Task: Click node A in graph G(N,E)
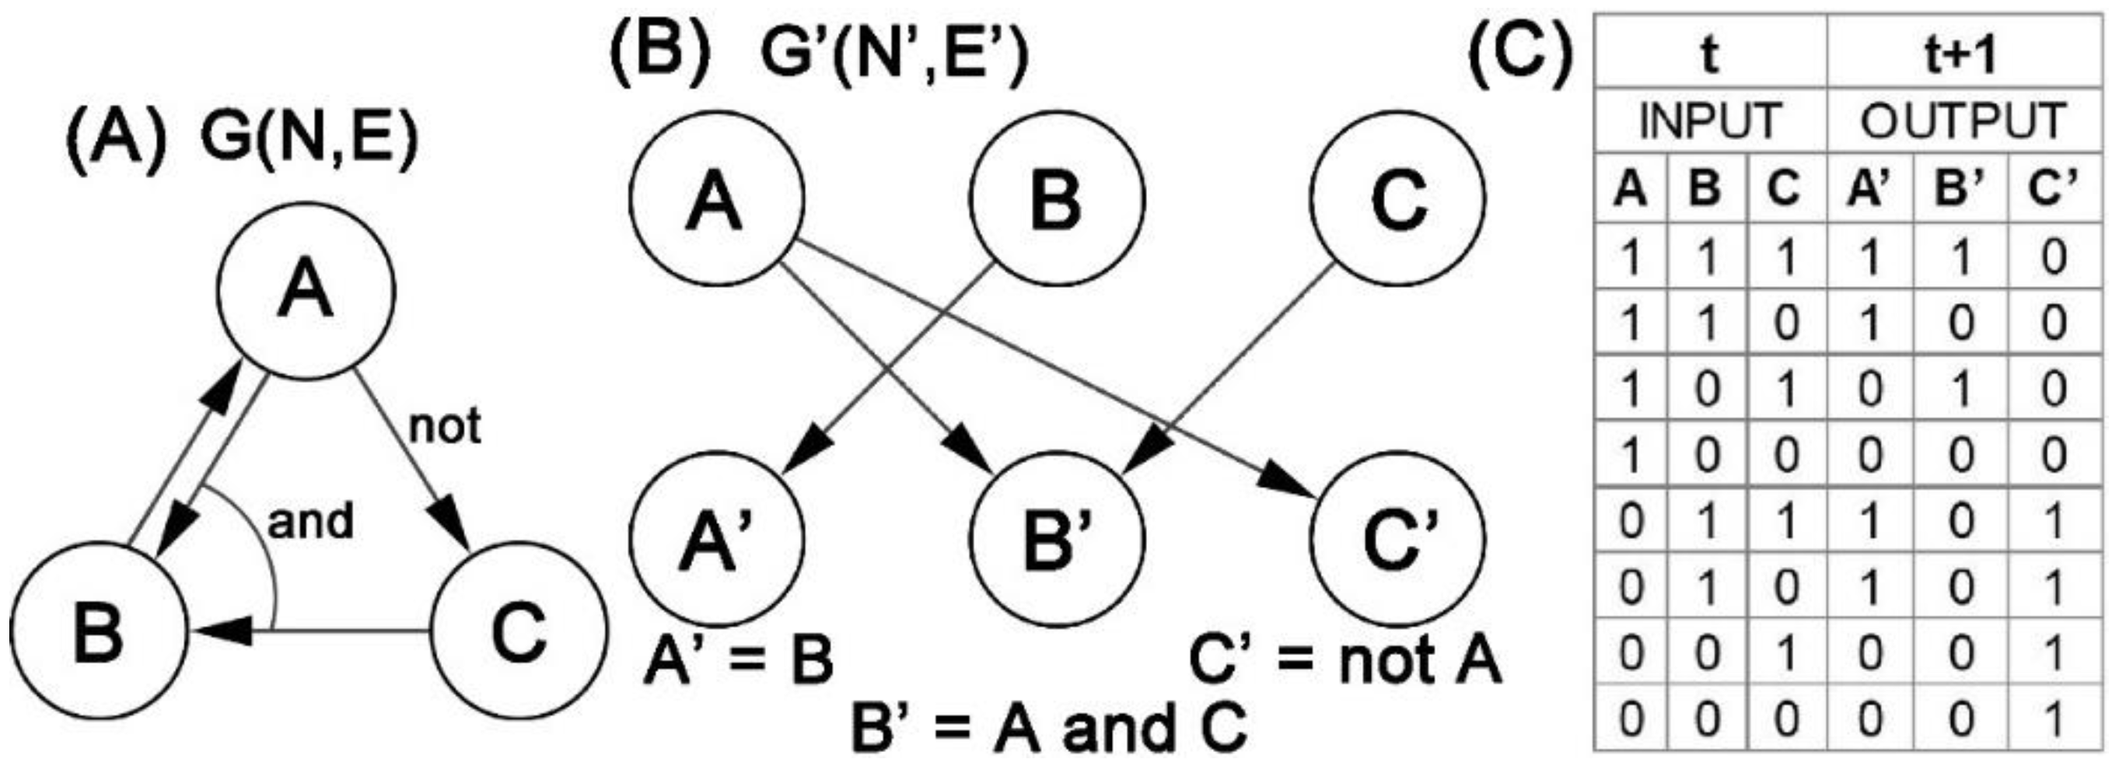click(306, 292)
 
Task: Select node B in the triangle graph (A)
click(99, 630)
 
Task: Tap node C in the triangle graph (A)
click(519, 630)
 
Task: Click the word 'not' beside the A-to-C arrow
click(444, 426)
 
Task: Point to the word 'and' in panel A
click(310, 522)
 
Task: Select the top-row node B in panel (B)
click(1057, 198)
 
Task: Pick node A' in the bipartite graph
click(715, 539)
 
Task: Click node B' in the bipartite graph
click(1057, 539)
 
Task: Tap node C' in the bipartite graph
click(1397, 539)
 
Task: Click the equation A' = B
click(738, 661)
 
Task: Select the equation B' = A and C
click(1049, 728)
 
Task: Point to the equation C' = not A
click(1345, 661)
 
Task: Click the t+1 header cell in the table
click(1961, 54)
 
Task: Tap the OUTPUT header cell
click(1963, 121)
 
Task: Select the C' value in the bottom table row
click(2054, 719)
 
